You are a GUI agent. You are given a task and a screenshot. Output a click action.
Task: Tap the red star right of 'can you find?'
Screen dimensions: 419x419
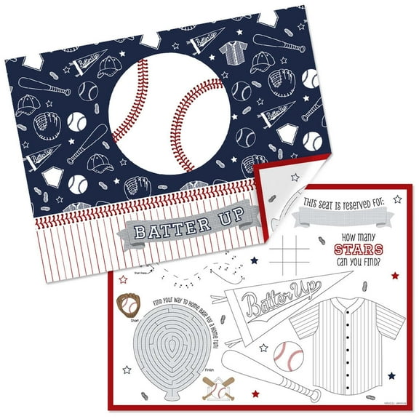394,276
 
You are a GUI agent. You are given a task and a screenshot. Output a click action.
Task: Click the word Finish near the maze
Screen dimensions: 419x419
208,369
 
